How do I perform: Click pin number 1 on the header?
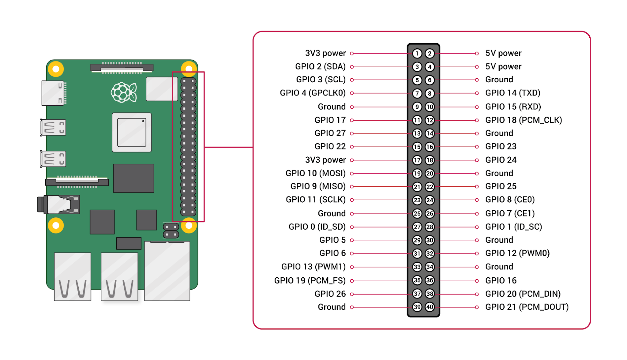[x=417, y=54]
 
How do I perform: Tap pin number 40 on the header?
[x=430, y=307]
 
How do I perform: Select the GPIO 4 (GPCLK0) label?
[x=313, y=93]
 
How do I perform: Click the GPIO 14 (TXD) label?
[x=512, y=93]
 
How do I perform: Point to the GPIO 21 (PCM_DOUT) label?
[x=527, y=307]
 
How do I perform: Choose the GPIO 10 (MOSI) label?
[x=315, y=174]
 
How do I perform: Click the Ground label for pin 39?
[x=332, y=307]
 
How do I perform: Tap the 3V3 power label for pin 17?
[x=325, y=160]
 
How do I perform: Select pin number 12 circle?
[x=430, y=120]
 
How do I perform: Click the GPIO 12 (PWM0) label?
[x=517, y=253]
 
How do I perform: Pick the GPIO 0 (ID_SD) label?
[x=317, y=227]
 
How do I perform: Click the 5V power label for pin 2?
[x=503, y=54]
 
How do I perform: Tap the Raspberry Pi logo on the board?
[x=124, y=92]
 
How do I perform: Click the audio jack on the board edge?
[x=58, y=204]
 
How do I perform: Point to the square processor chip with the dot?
[x=132, y=133]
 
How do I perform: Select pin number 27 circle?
[x=417, y=227]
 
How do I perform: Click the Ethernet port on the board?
[x=167, y=271]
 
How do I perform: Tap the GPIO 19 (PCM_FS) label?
[x=310, y=281]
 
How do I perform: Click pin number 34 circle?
[x=430, y=267]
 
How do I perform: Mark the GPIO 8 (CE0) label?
[x=510, y=200]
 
